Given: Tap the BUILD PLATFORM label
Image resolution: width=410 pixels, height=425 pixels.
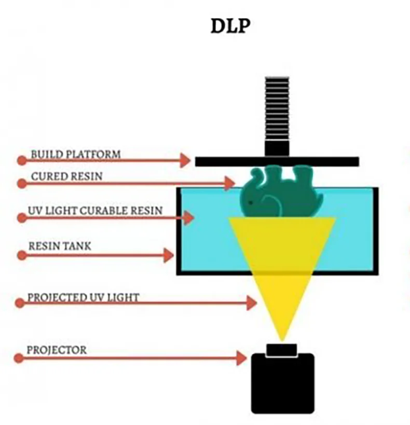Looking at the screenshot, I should click(x=76, y=154).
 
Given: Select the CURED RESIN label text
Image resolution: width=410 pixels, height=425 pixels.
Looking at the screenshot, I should click(x=67, y=176).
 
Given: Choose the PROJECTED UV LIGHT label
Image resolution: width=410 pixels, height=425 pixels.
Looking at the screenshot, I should click(x=83, y=297).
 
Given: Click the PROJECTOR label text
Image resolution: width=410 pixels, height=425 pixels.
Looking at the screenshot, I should click(x=57, y=350).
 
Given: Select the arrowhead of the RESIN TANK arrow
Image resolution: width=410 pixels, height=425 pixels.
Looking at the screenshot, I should click(x=168, y=255).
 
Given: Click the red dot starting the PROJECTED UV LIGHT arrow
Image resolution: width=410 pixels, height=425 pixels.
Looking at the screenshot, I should click(x=20, y=303).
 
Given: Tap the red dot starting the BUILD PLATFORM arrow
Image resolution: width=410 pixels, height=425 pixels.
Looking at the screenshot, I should click(x=20, y=160).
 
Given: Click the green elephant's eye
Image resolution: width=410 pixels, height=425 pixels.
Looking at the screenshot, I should click(x=251, y=202).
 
